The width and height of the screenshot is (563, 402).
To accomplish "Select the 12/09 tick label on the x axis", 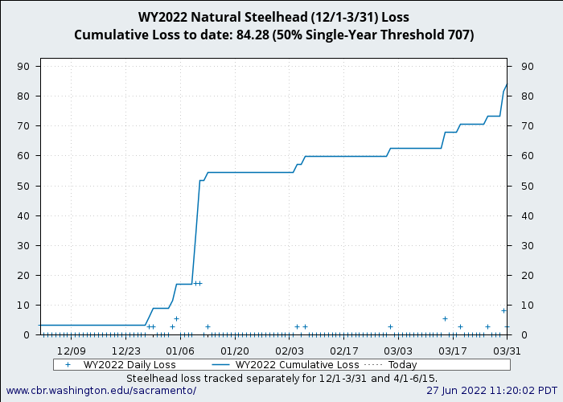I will [x=71, y=351].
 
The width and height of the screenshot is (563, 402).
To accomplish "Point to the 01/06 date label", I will [x=180, y=351].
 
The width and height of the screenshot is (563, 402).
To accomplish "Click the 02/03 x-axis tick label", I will [x=290, y=351].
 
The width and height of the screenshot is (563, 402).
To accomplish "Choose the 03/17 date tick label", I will [x=453, y=351].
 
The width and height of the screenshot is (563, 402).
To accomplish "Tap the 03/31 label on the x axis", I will [x=507, y=351].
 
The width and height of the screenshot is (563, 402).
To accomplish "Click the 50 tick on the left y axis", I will [x=26, y=186].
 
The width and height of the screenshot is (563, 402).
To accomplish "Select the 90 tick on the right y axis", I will [x=528, y=66].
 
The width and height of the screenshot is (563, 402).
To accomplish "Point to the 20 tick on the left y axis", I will [x=26, y=275].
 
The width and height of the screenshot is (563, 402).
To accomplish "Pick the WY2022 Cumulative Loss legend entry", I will [x=297, y=364].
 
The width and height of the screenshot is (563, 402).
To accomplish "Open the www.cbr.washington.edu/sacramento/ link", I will [x=101, y=390].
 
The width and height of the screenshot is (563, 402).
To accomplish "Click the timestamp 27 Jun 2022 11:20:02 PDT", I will [x=491, y=390].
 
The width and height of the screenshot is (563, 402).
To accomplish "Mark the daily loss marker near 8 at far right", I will [x=504, y=310].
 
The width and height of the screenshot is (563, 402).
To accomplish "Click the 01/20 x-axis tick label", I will [x=235, y=351].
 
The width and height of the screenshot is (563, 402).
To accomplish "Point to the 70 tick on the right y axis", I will [x=528, y=126].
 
